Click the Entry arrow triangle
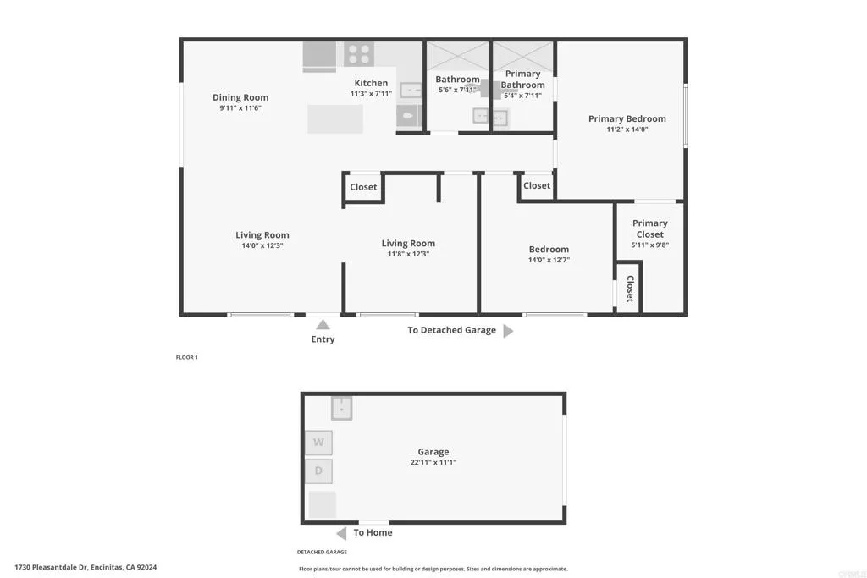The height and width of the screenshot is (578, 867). click(323, 324)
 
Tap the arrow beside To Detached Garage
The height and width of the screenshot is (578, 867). click(508, 331)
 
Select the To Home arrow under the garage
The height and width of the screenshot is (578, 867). click(341, 533)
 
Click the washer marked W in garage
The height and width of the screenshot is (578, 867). click(318, 443)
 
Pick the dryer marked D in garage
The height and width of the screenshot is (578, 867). click(318, 471)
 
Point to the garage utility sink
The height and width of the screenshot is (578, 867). click(341, 408)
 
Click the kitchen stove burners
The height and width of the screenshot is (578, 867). click(359, 54)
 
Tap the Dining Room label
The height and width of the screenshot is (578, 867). click(240, 97)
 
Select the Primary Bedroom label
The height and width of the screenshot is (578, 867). click(627, 118)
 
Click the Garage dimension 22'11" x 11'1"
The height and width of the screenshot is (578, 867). click(433, 462)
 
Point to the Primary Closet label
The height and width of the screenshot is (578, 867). click(650, 228)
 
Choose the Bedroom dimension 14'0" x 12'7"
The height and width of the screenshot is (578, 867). click(549, 260)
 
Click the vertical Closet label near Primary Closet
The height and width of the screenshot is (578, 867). click(630, 289)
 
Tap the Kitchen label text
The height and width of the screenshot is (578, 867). click(371, 83)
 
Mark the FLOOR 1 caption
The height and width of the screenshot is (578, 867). click(186, 357)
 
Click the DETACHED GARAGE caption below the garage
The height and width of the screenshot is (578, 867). click(323, 552)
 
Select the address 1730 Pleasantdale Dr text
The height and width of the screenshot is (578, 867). click(86, 567)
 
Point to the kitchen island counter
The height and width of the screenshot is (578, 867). click(335, 118)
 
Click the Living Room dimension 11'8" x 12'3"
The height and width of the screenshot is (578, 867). click(408, 254)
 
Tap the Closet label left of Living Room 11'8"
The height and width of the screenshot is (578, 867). click(363, 187)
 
